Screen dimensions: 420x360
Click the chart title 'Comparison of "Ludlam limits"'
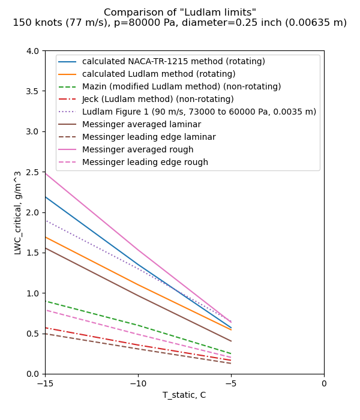coord(180,13)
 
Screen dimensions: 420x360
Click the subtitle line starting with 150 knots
coord(180,23)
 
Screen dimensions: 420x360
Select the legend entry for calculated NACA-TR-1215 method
coord(173,61)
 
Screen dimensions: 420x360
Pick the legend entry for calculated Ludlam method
coord(158,74)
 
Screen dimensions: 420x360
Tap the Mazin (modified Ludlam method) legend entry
coord(181,86)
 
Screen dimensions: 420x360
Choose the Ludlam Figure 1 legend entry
coord(199,112)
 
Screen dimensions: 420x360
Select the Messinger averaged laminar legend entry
coord(142,124)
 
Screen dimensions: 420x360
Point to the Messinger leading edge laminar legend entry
coord(149,137)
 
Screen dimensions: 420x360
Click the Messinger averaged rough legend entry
coord(137,149)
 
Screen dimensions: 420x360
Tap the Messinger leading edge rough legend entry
coord(145,162)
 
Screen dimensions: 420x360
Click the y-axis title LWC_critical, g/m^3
coord(18,212)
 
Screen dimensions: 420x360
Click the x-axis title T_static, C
coord(184,395)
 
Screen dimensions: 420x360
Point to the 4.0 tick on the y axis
coord(32,51)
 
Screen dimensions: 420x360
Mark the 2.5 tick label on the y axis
coord(32,172)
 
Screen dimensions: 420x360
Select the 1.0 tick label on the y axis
coord(32,293)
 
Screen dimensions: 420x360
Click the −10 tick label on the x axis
coord(138,383)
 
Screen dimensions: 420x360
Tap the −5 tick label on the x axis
coord(231,383)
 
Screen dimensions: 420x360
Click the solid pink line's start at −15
coord(45,173)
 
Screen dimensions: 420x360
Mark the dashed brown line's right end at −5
coord(231,363)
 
